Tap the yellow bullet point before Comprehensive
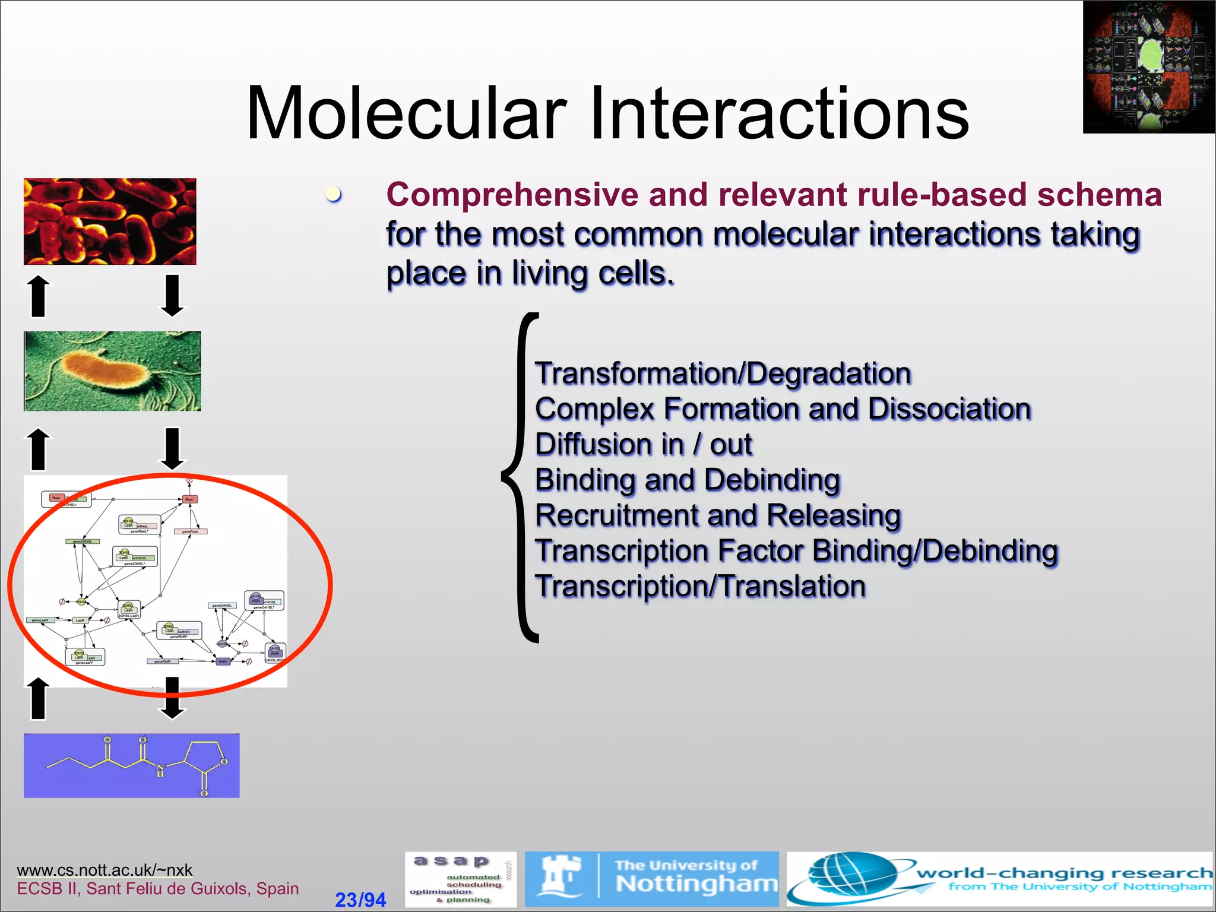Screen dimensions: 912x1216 coord(334,194)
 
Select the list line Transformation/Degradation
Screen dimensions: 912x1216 coord(723,373)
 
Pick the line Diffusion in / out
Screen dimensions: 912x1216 coord(643,444)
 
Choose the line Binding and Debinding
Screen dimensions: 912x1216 coord(687,480)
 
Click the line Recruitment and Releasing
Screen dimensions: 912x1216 coord(718,515)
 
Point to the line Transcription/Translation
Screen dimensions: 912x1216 coord(700,586)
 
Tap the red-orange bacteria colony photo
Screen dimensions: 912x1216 coord(110,221)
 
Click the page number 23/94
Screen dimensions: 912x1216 coord(360,900)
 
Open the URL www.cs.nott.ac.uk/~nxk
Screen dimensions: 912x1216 coord(104,870)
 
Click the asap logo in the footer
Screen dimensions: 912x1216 coord(460,879)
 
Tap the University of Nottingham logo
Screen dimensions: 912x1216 coord(651,878)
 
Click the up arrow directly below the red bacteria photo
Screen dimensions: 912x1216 coord(39,295)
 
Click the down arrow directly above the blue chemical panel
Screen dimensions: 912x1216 coord(172,698)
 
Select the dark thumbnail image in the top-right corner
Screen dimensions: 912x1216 coord(1148,66)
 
